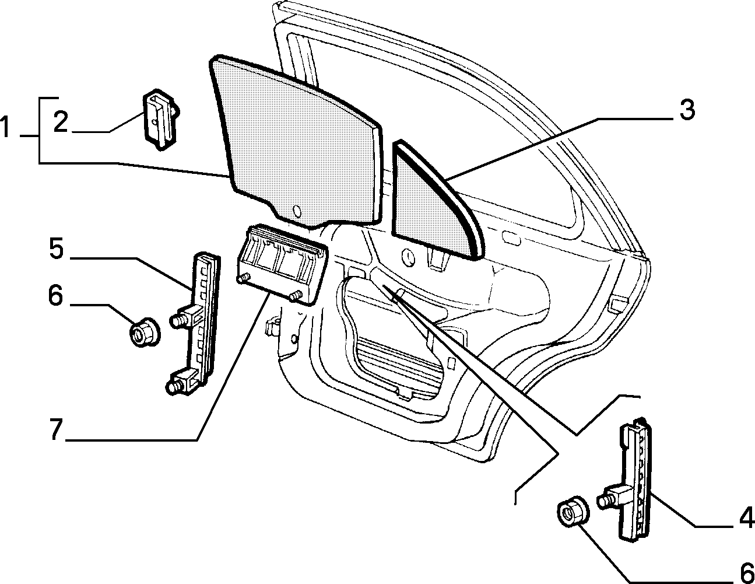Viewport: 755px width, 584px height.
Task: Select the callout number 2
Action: pyautogui.click(x=61, y=122)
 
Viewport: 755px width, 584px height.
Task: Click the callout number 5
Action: pyautogui.click(x=57, y=248)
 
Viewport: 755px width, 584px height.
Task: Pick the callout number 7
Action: pyautogui.click(x=55, y=429)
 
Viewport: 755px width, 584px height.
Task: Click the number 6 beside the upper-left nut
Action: pyautogui.click(x=55, y=295)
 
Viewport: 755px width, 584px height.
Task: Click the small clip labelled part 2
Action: pyautogui.click(x=160, y=119)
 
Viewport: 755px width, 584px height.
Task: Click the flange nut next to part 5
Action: pyautogui.click(x=144, y=331)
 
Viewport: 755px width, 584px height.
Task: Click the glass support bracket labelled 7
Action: pyautogui.click(x=281, y=264)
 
